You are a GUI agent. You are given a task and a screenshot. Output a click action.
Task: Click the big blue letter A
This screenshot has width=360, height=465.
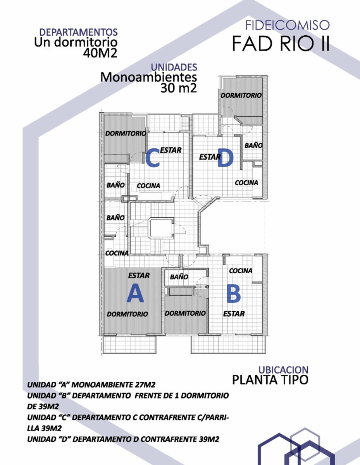[135, 293]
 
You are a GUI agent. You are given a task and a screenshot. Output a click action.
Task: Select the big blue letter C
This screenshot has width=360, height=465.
[152, 157]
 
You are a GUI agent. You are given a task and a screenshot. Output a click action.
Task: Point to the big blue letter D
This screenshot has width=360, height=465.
[225, 158]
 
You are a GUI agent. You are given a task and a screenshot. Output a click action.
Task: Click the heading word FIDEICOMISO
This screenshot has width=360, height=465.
[287, 25]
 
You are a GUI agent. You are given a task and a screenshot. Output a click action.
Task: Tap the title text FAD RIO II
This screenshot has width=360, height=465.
[281, 44]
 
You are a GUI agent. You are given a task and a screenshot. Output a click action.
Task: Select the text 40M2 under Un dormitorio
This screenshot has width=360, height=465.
[100, 53]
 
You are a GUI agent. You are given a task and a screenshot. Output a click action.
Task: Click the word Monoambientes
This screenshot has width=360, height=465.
[149, 77]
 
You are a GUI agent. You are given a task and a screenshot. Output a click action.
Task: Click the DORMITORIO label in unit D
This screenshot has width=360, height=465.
[241, 95]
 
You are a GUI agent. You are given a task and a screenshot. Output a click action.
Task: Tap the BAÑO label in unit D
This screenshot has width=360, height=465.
[253, 145]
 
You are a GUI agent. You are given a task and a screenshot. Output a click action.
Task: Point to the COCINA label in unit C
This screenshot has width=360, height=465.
[148, 186]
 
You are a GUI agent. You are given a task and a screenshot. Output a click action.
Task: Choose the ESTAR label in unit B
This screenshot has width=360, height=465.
[234, 314]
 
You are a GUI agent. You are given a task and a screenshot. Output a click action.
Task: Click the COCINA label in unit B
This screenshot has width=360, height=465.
[241, 271]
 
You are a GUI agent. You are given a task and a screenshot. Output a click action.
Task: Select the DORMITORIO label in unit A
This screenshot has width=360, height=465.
[127, 314]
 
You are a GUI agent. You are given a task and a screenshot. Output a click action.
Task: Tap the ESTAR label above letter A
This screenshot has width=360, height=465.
[139, 276]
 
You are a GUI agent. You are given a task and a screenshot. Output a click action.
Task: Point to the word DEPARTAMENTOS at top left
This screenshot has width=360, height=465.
[79, 32]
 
